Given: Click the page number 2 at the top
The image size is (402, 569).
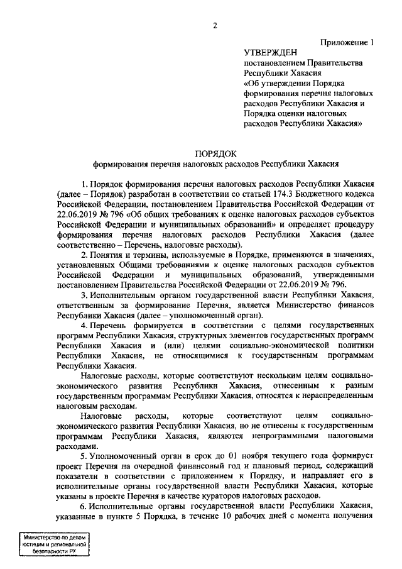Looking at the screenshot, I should [214, 26].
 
